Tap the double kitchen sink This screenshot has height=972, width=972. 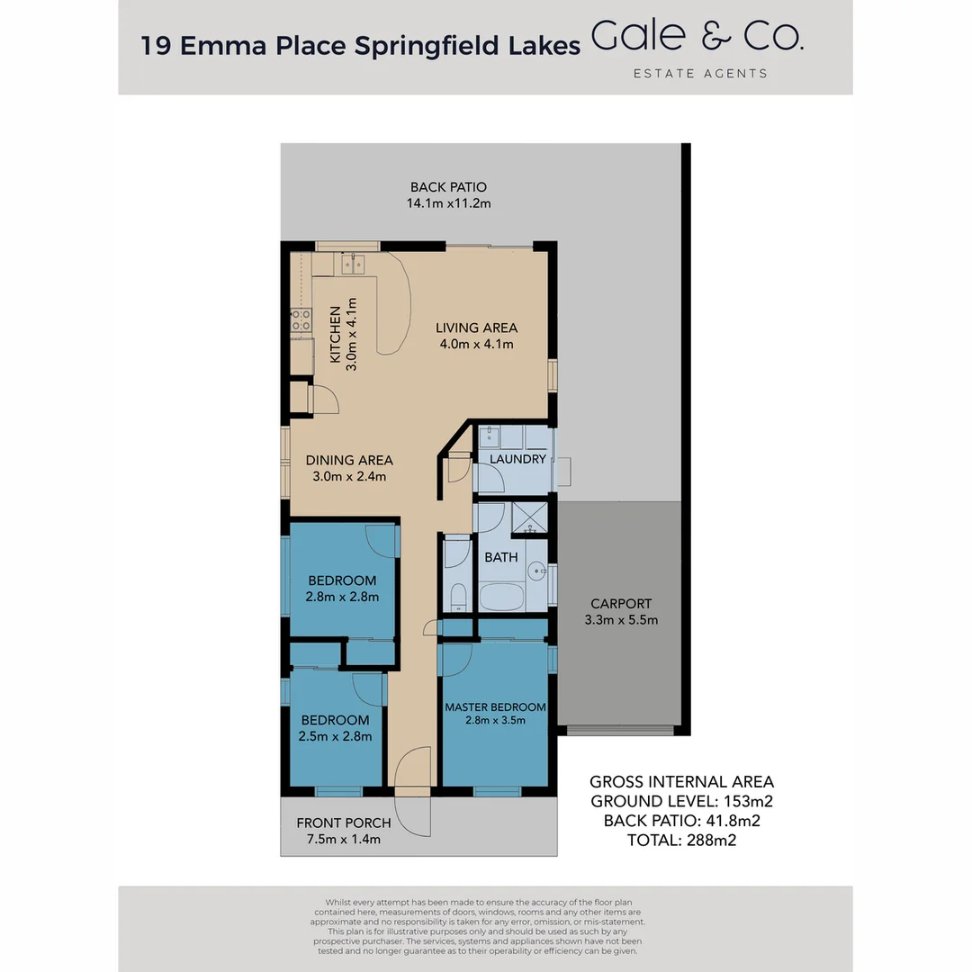(350, 264)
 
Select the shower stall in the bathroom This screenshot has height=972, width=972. (529, 519)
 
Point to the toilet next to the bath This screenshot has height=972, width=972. (457, 596)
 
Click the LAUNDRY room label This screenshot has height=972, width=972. (517, 459)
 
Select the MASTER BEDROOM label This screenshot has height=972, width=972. (495, 707)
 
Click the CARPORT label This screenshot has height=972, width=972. (621, 604)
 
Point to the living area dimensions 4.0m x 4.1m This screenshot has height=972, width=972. (476, 344)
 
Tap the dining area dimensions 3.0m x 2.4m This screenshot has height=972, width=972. (348, 476)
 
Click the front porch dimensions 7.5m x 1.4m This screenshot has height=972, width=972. (343, 840)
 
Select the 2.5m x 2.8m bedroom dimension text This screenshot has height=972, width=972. (335, 736)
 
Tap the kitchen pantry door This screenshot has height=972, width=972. (324, 398)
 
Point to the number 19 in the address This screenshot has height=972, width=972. (157, 47)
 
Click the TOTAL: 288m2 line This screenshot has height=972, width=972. (681, 840)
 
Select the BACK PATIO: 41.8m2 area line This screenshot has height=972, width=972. (681, 821)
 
